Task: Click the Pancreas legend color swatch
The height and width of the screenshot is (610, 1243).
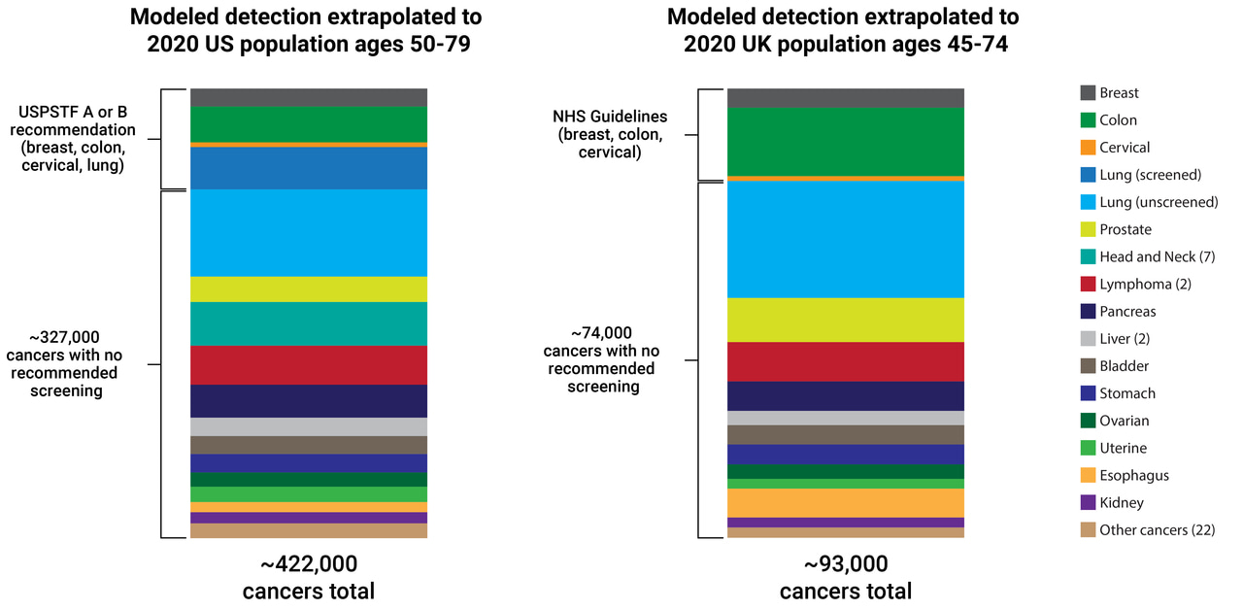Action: click(x=1088, y=312)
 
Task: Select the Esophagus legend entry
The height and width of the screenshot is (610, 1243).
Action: click(x=1133, y=476)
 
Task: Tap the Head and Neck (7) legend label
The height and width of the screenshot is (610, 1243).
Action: click(x=1157, y=256)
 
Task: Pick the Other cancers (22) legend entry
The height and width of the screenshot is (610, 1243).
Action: click(x=1157, y=530)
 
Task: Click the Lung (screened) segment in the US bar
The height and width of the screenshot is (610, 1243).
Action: click(x=309, y=168)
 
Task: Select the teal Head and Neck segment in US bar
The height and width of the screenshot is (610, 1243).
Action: click(x=309, y=323)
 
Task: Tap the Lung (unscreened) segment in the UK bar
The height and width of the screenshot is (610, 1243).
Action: click(x=845, y=239)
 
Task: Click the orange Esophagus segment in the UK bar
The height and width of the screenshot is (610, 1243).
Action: click(x=845, y=503)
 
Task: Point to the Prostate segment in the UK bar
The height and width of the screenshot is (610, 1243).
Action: click(x=845, y=320)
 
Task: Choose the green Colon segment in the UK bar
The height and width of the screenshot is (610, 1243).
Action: click(x=845, y=142)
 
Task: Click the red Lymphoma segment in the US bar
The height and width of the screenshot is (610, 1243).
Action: click(x=309, y=365)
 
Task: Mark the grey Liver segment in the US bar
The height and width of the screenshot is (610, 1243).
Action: click(x=309, y=427)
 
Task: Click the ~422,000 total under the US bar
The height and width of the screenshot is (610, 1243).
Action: click(x=309, y=564)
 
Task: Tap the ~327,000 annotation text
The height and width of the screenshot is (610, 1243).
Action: click(x=64, y=337)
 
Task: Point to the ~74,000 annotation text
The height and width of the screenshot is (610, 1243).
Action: click(x=601, y=331)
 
